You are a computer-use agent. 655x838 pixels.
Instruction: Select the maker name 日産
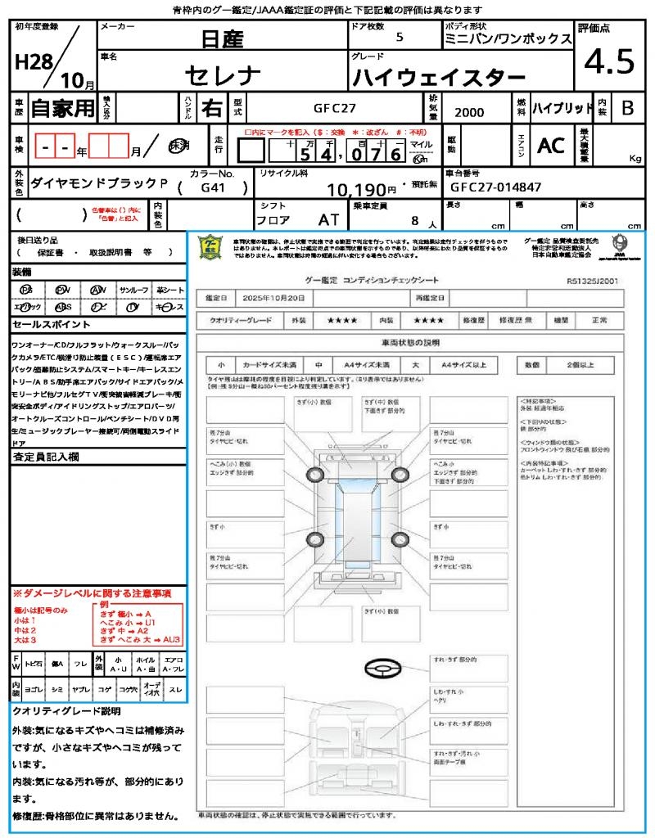(224, 38)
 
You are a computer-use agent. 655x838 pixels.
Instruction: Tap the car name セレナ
(223, 75)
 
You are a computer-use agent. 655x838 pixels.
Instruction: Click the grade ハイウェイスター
(438, 78)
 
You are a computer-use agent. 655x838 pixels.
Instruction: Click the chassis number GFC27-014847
(496, 187)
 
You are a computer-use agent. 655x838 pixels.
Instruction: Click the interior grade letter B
(627, 107)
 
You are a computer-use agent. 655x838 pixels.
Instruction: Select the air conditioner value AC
(551, 146)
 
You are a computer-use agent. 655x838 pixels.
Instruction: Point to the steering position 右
(211, 107)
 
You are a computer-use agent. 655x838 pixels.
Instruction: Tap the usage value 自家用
(62, 107)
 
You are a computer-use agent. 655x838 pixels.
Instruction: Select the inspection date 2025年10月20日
(278, 298)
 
